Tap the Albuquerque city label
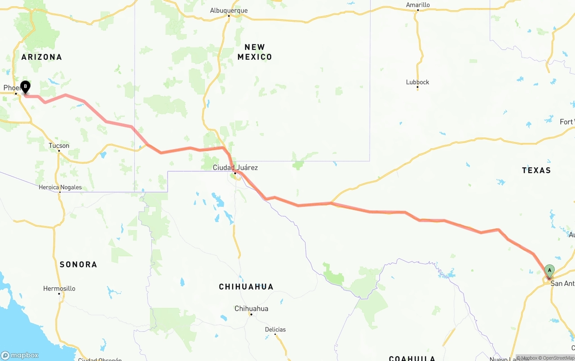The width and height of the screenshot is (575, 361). (x=229, y=10)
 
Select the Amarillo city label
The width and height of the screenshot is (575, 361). (x=418, y=5)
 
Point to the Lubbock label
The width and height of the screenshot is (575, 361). (x=417, y=82)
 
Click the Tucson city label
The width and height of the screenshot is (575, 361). (x=59, y=146)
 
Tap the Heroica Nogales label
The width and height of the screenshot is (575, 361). (x=60, y=187)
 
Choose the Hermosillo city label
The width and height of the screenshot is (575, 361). (x=59, y=289)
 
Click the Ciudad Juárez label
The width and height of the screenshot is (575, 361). (x=235, y=168)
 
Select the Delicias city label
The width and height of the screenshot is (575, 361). (x=275, y=330)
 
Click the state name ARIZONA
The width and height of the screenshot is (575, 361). (x=42, y=57)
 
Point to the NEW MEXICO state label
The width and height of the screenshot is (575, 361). (x=255, y=52)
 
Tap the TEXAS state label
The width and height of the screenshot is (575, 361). (x=536, y=170)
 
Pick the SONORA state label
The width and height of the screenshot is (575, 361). (x=78, y=264)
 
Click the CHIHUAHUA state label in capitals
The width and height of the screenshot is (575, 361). (x=246, y=287)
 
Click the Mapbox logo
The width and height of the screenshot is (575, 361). (x=20, y=355)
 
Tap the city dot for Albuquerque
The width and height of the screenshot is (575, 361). (x=229, y=16)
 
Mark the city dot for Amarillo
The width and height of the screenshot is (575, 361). (x=418, y=10)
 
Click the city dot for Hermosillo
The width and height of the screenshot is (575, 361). (x=59, y=294)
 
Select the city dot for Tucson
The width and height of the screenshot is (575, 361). (x=59, y=151)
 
